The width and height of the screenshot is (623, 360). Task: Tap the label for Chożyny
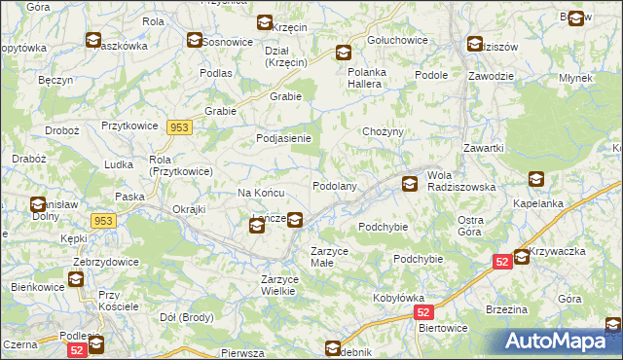pos(383,131)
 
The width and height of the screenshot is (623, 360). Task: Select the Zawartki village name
pos(483,148)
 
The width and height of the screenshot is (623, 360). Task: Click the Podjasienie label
pos(283,138)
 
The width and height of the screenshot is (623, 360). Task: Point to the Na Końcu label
pos(260,193)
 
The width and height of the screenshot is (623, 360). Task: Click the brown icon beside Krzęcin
pos(264,23)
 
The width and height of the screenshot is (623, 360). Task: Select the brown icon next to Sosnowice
pos(195,41)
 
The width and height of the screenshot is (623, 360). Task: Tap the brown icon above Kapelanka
pos(536,179)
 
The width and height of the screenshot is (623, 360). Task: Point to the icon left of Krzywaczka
pos(522,257)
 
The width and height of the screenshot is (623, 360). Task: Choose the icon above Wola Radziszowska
pos(411,182)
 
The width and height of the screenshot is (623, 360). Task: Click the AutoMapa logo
pos(559,341)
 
